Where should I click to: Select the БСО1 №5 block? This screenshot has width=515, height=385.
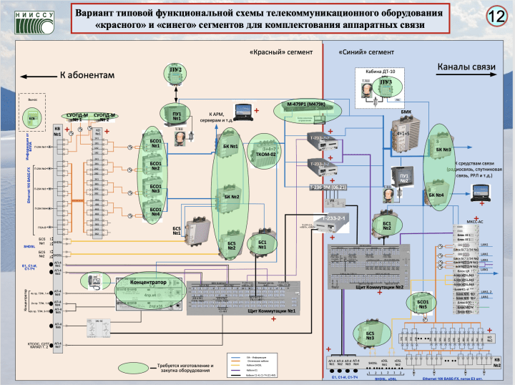tap(423, 305)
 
